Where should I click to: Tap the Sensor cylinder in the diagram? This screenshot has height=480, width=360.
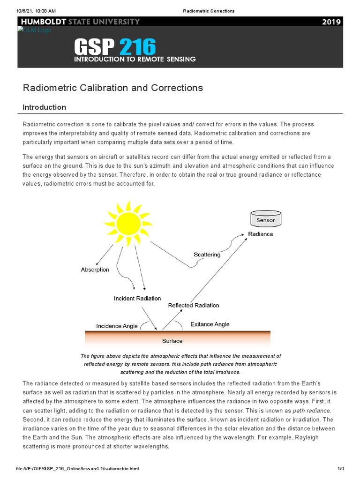click(x=266, y=219)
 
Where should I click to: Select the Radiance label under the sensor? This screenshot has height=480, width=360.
click(x=260, y=234)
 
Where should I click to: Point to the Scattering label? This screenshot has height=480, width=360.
click(x=207, y=255)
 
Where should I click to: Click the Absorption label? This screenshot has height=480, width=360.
click(x=95, y=270)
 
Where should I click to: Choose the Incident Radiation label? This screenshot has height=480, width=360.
click(x=137, y=298)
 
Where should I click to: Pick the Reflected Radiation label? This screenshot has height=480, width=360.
click(x=194, y=305)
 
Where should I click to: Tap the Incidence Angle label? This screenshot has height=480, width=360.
click(x=117, y=326)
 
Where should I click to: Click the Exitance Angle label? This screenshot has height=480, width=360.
click(x=210, y=324)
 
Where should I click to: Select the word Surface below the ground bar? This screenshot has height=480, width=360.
click(x=172, y=341)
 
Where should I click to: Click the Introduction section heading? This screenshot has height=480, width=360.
click(x=45, y=107)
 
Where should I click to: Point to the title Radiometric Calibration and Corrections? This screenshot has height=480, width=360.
click(x=112, y=88)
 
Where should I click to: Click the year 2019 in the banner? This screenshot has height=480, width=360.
click(x=332, y=22)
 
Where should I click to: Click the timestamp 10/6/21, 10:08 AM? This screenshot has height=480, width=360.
click(x=36, y=10)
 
